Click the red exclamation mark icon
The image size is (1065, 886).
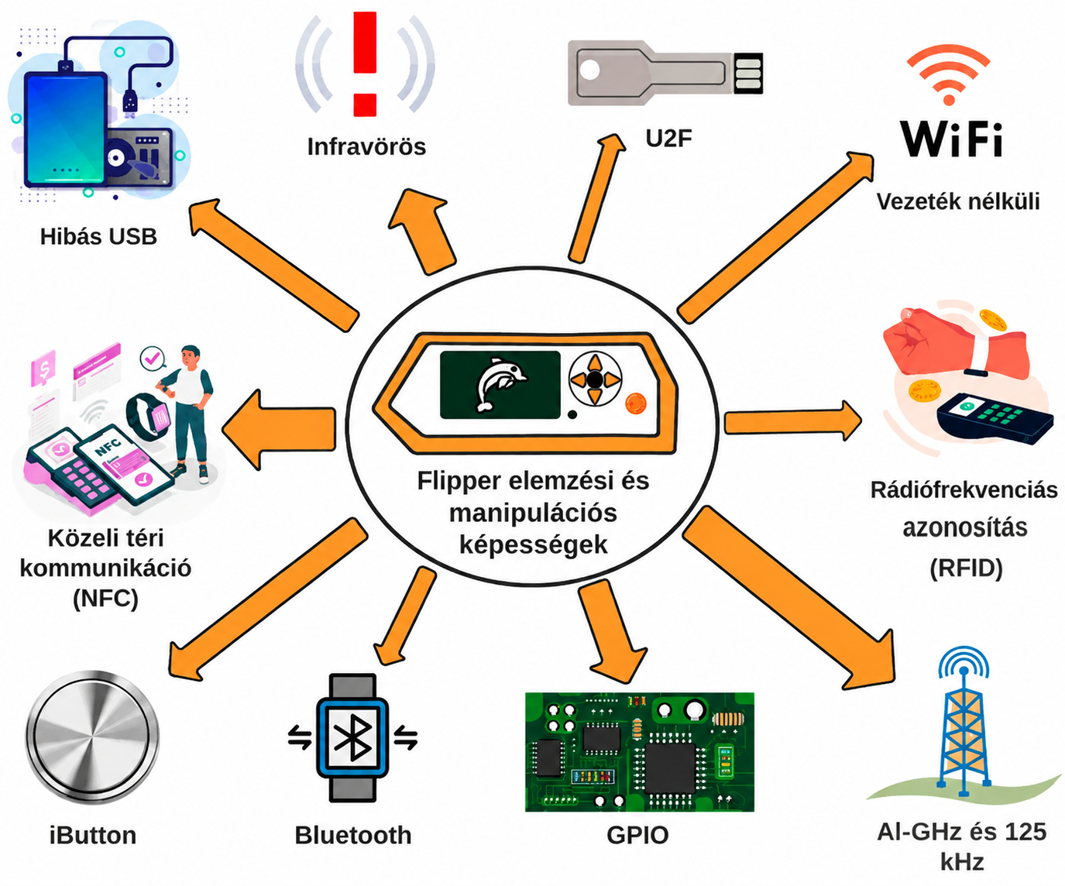[365, 64]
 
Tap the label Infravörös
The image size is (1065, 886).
[366, 147]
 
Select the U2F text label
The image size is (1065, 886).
[668, 138]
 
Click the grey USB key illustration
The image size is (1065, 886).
[665, 73]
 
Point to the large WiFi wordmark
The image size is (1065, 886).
[951, 139]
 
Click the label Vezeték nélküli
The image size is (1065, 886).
[958, 201]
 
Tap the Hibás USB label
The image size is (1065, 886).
[98, 237]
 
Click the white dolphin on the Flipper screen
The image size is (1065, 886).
[500, 384]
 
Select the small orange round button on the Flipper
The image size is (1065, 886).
[636, 403]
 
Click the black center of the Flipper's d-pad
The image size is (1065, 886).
[595, 379]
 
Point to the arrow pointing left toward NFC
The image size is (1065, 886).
[279, 430]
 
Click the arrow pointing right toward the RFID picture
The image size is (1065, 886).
[793, 421]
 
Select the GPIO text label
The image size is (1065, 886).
[637, 836]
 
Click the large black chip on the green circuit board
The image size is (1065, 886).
[670, 768]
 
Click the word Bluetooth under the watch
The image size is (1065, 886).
[353, 836]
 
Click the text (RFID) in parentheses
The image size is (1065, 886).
[966, 568]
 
